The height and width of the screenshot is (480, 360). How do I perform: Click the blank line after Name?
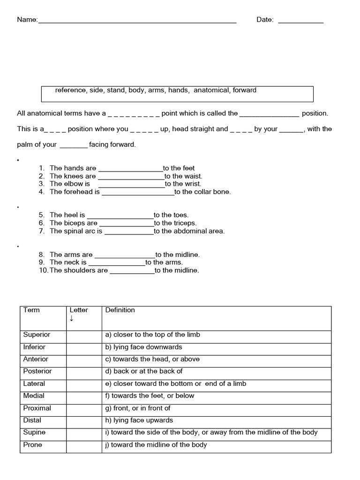[x=137, y=21]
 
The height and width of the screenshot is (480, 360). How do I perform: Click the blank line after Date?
[x=300, y=21]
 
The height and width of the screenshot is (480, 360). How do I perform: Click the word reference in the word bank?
[x=71, y=90]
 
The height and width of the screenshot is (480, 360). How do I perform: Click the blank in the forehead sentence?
[x=138, y=193]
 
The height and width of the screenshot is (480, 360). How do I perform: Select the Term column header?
[x=31, y=310]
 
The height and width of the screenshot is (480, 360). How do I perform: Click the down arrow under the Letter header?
[x=72, y=319]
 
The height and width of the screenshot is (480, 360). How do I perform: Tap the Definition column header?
[x=120, y=310]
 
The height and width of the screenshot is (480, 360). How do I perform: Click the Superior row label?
[x=37, y=335]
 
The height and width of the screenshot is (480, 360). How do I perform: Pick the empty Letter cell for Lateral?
[x=84, y=383]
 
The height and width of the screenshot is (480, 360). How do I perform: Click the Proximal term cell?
[x=37, y=408]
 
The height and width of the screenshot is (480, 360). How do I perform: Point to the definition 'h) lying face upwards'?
[x=139, y=420]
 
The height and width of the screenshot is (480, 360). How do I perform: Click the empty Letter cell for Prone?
[x=84, y=445]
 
